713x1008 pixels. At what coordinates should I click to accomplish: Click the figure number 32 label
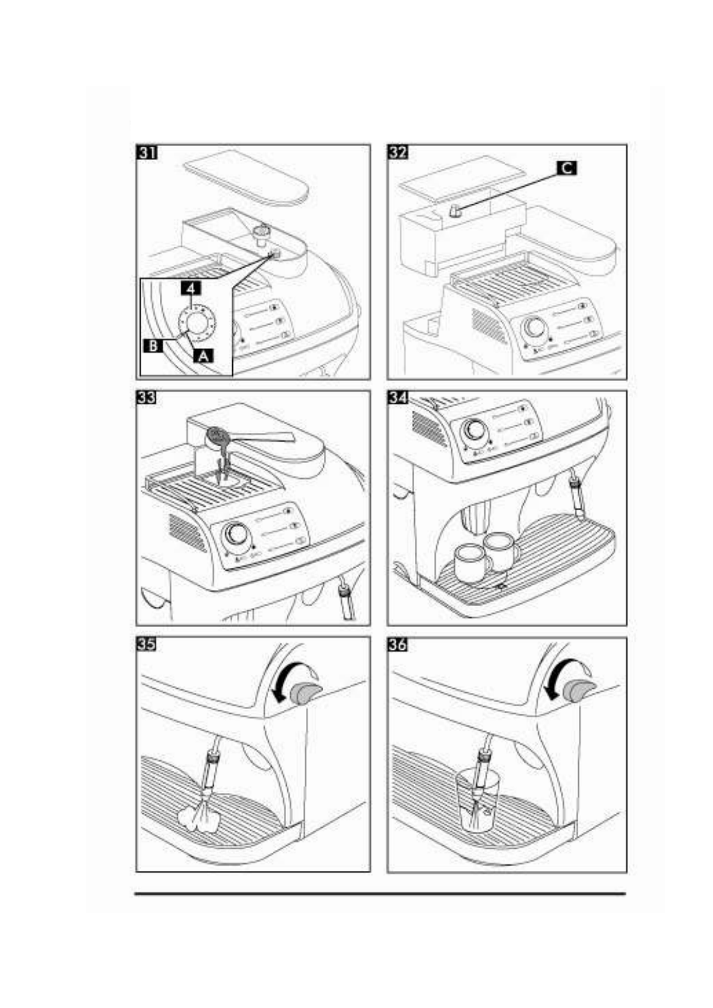tap(398, 153)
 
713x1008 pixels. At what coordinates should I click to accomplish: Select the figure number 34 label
tap(398, 398)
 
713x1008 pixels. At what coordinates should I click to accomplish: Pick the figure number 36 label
tap(398, 644)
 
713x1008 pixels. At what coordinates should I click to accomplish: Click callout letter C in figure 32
tap(566, 168)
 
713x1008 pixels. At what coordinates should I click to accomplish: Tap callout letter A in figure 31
tap(204, 356)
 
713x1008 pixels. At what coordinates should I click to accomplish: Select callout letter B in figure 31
tap(153, 346)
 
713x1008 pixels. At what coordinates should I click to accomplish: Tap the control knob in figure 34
tap(476, 429)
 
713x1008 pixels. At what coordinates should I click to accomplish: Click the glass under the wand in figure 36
tap(477, 802)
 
